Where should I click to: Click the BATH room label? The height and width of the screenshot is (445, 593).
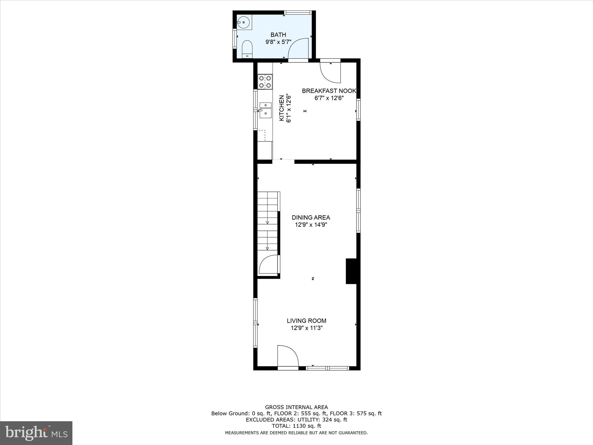tap(278, 35)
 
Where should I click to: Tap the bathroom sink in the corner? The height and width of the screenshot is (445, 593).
tap(244, 22)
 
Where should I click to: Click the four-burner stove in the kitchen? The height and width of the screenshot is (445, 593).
tap(265, 82)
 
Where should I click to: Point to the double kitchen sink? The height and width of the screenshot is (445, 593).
tap(265, 110)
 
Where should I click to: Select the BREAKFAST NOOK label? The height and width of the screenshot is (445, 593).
tap(329, 91)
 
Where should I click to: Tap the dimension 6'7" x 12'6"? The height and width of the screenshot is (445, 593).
tap(329, 98)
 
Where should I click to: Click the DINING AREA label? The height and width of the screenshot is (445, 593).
tap(311, 217)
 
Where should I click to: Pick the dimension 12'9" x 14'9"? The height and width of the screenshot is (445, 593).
tap(311, 225)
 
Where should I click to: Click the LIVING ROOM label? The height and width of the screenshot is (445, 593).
tap(306, 321)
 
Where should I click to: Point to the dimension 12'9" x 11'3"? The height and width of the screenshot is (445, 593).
tap(306, 328)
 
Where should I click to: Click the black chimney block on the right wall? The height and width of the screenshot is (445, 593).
tap(351, 271)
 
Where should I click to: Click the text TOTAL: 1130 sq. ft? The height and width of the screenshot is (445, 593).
tap(296, 426)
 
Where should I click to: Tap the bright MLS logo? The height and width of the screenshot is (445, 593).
tap(36, 433)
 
